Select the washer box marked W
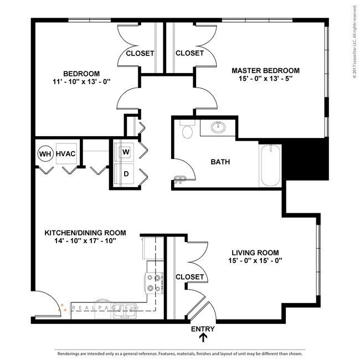(126, 151)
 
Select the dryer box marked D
(126, 174)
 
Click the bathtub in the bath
(270, 166)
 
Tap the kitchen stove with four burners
(155, 284)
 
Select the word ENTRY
(203, 329)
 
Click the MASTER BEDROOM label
(265, 70)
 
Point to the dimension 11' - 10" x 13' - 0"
(81, 81)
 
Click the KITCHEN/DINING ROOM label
(85, 233)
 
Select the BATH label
(220, 162)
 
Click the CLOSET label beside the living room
(189, 277)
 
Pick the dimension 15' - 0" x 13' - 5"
(265, 79)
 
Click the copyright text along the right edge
(354, 42)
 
